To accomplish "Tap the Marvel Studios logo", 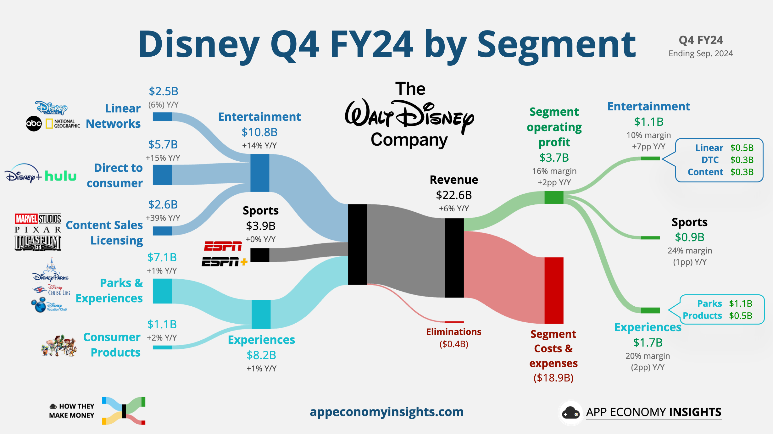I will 38,219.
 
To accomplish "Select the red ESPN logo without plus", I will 223,246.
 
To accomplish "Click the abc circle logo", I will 34,124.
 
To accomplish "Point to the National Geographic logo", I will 63,124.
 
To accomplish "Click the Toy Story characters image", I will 59,345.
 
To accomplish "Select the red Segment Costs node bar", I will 554,290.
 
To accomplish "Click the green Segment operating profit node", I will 554,198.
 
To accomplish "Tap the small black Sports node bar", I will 260,255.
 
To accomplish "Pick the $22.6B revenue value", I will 454,195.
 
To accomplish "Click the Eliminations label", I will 453,332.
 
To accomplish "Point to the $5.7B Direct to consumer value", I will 163,145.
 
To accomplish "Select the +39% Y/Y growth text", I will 163,218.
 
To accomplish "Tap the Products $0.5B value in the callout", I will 741,315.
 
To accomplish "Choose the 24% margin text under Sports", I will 690,251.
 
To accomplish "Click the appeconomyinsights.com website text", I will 386,412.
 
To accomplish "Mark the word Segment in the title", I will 557,45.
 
